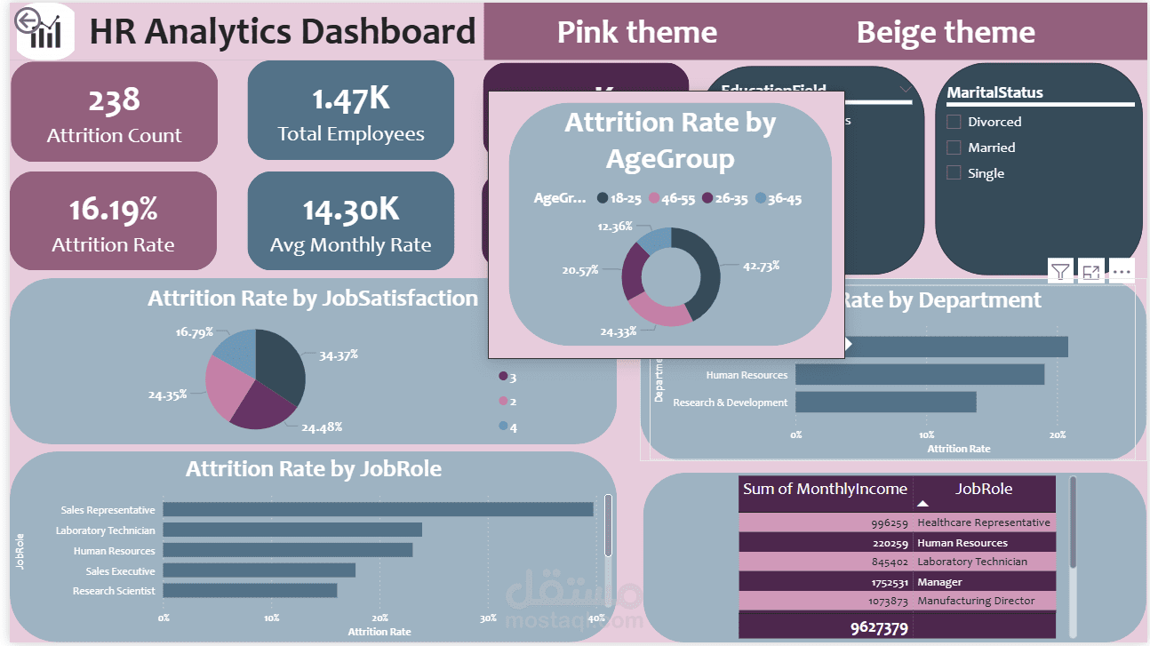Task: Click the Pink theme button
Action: point(636,33)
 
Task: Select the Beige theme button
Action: point(946,33)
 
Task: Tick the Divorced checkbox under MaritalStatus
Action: point(954,122)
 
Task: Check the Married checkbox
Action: point(954,148)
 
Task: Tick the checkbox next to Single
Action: point(954,173)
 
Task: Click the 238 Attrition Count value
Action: point(114,100)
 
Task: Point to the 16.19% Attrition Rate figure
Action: point(113,210)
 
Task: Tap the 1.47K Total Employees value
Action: point(350,100)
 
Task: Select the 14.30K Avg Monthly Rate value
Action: point(350,210)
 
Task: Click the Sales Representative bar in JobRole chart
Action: point(378,510)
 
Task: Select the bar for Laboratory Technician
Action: point(291,530)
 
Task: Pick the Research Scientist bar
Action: point(250,591)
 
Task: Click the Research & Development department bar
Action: point(885,403)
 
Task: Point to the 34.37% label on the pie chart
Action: point(339,355)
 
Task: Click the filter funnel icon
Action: point(1060,272)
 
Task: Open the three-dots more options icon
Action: point(1122,272)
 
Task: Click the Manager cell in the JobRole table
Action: point(939,582)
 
